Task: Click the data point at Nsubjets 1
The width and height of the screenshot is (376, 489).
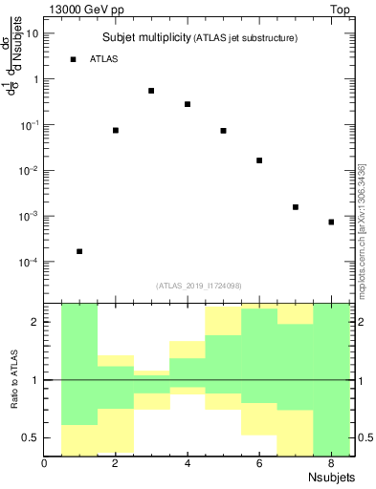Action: click(x=79, y=251)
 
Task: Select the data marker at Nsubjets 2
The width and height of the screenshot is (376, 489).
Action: click(x=116, y=130)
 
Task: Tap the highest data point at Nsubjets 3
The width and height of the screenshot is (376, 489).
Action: click(x=151, y=91)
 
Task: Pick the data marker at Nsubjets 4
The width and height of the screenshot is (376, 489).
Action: click(x=188, y=104)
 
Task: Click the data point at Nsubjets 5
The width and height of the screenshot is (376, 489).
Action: click(x=223, y=131)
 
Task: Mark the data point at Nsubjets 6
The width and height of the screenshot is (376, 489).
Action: click(x=259, y=160)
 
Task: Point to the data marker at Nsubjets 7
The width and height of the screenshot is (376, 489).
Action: click(x=296, y=207)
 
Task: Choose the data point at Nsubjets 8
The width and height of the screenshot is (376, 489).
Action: click(x=331, y=222)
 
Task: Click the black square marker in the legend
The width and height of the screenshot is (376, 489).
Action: click(x=73, y=59)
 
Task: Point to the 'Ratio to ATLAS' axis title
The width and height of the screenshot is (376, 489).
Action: click(x=16, y=379)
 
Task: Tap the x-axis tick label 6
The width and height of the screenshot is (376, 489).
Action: click(x=259, y=464)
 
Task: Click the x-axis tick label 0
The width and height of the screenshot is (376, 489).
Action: click(x=45, y=464)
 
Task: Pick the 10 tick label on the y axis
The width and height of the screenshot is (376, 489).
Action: click(x=33, y=33)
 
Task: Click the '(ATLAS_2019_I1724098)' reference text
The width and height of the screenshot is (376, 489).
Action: click(x=199, y=286)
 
